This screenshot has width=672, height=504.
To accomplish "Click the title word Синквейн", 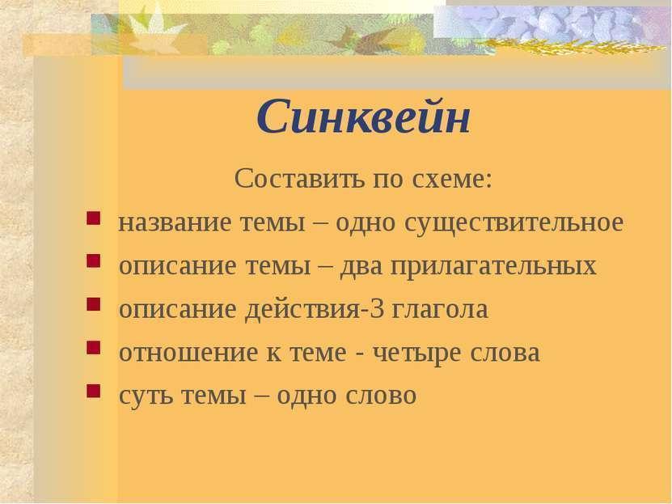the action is pos(363,116).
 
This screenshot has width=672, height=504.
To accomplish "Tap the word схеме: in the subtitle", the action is pos(452,178).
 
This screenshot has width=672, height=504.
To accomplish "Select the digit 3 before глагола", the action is pos(376,308).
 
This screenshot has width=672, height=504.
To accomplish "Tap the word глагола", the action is pos(439,310).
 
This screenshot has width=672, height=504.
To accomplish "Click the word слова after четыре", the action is pos(505,353).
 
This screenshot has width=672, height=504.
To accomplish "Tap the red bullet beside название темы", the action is pos(94,218).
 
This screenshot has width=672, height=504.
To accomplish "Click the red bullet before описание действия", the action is pos(94,304).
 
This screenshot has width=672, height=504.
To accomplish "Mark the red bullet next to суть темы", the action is pos(94,391).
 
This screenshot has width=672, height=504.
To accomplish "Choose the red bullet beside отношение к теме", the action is pos(94,348).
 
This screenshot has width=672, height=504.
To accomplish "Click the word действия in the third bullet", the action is pos(302,310).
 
